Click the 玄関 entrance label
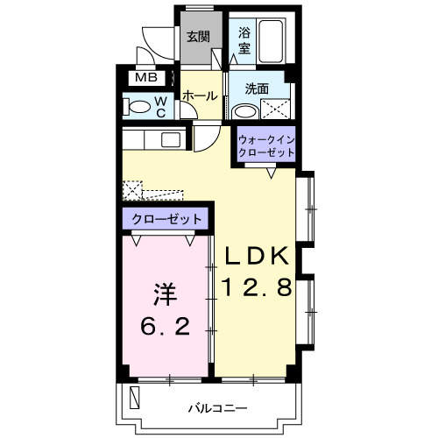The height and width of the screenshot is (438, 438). [198, 37]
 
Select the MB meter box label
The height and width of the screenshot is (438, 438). [141, 79]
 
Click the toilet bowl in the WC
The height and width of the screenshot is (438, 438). [138, 108]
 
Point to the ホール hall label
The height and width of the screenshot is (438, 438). [200, 95]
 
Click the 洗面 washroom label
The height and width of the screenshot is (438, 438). [257, 88]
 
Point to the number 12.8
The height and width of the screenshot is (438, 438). [255, 286]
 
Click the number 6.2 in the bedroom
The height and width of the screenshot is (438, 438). [164, 327]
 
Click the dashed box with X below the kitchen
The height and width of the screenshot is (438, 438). [132, 189]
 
